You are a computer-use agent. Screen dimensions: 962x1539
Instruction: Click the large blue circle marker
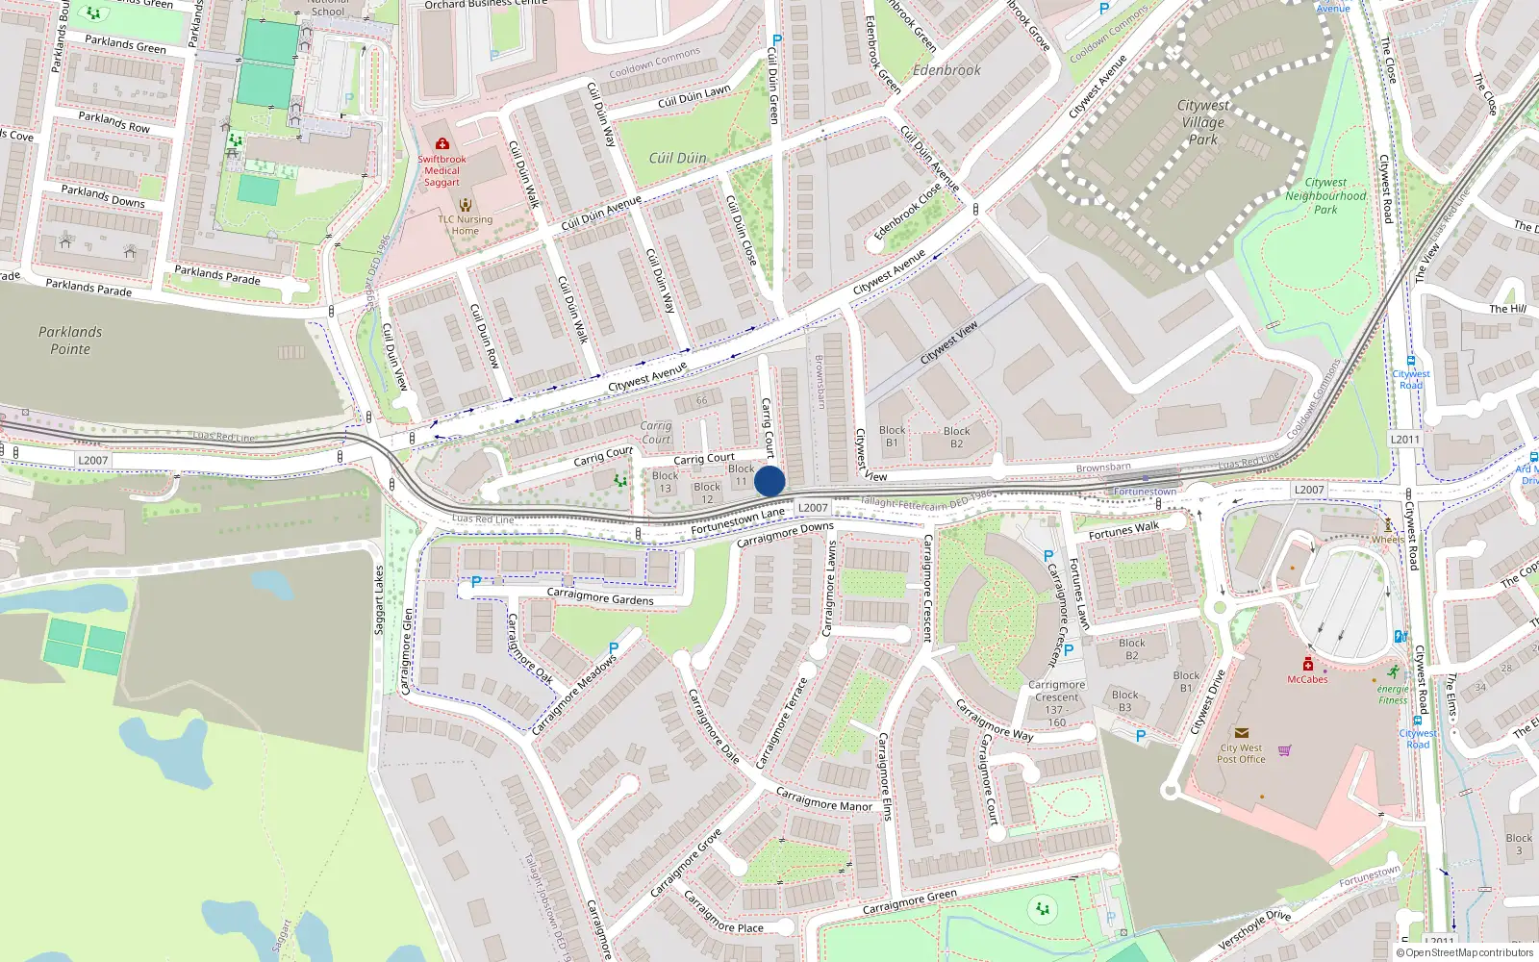click(769, 481)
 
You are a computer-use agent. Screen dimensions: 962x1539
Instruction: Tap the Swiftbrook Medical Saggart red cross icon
click(442, 143)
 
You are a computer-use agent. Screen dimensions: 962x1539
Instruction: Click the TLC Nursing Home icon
click(466, 204)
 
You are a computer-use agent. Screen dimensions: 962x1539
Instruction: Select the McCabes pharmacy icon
click(1308, 665)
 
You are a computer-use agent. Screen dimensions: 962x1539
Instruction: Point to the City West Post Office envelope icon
click(1241, 733)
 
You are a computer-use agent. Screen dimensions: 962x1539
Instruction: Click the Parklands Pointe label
click(70, 341)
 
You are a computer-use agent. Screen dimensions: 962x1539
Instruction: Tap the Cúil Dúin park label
click(677, 158)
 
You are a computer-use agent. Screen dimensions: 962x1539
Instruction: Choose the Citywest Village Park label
click(1203, 122)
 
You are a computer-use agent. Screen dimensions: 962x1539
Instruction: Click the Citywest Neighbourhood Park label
click(1325, 195)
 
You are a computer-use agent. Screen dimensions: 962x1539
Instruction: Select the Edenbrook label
click(946, 70)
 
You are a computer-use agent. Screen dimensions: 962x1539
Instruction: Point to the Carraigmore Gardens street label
click(600, 596)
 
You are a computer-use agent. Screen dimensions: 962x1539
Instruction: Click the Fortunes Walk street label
click(1123, 530)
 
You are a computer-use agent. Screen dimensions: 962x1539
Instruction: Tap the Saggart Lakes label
click(379, 599)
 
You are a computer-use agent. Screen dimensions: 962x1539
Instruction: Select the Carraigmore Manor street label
click(823, 800)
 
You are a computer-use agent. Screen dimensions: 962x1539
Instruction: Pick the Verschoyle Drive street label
click(1254, 929)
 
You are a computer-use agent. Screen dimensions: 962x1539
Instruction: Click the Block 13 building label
click(665, 482)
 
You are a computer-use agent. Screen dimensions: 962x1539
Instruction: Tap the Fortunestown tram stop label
click(1145, 492)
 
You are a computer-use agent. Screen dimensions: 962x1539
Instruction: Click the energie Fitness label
click(1393, 695)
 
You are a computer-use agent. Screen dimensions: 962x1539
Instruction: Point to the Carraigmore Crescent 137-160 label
click(1056, 703)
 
